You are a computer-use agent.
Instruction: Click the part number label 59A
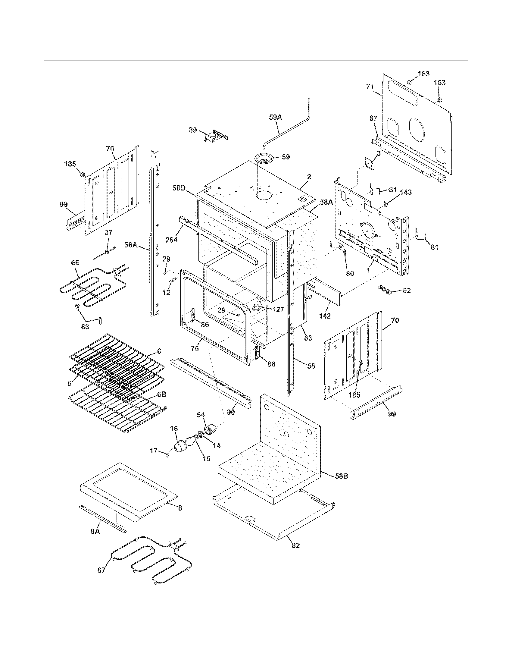click(x=275, y=117)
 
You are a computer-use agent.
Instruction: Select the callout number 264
click(x=171, y=240)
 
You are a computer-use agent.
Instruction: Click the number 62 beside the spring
click(x=407, y=291)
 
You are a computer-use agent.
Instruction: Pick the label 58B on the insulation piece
click(x=341, y=476)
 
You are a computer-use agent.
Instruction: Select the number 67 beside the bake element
click(x=101, y=570)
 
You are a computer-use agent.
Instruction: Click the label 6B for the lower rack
click(x=161, y=394)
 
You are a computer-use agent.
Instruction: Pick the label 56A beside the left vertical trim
click(x=131, y=245)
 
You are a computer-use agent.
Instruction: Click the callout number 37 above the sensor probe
click(x=108, y=232)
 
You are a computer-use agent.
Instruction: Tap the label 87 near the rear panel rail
click(x=373, y=118)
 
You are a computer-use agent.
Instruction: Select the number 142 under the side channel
click(x=325, y=316)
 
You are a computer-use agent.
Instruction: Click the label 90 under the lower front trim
click(x=231, y=413)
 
